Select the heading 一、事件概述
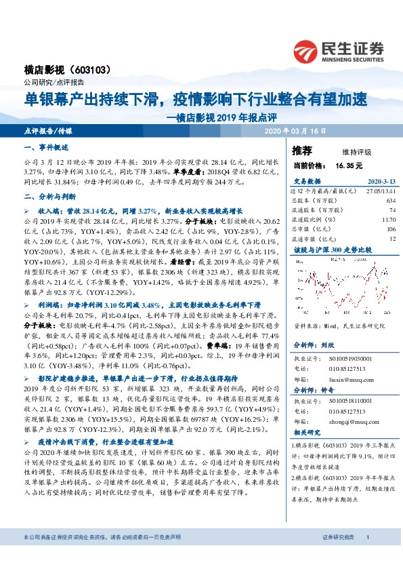[x=46, y=148]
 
